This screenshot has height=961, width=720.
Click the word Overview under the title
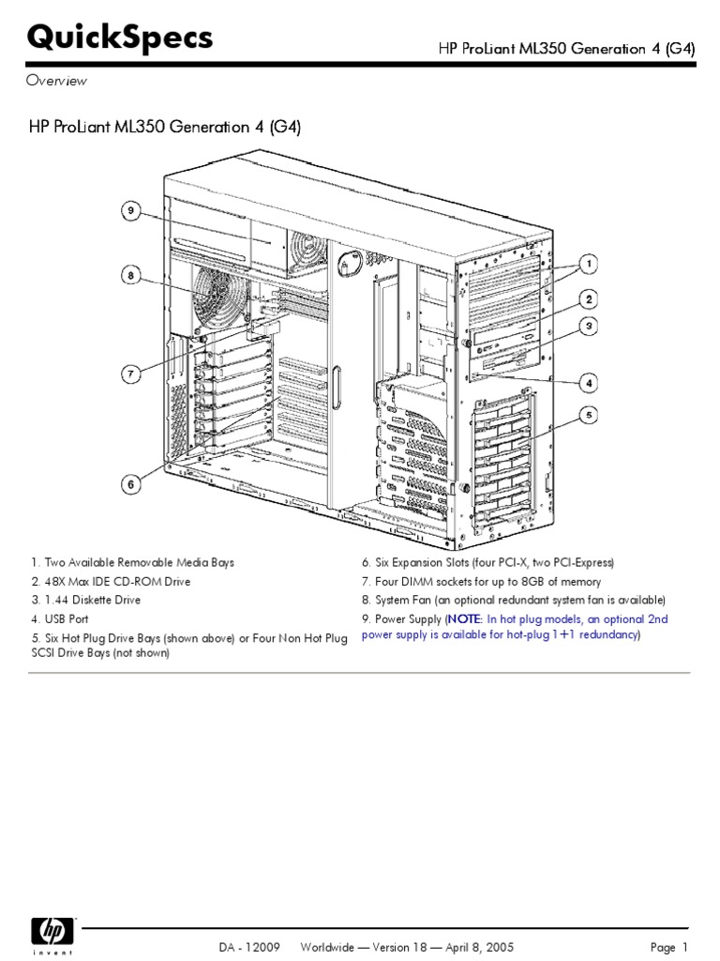click(56, 81)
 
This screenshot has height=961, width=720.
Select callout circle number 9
click(132, 211)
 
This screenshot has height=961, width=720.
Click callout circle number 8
click(132, 275)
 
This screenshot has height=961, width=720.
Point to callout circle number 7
click(132, 374)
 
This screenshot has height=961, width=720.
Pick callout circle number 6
click(132, 484)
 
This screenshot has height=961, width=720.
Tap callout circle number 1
click(588, 262)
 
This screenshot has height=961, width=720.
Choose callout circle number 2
click(588, 300)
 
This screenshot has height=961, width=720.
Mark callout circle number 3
click(588, 328)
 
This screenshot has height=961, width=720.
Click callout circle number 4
click(588, 382)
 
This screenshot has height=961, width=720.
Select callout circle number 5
click(588, 414)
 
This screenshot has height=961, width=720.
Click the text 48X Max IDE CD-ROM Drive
click(116, 581)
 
